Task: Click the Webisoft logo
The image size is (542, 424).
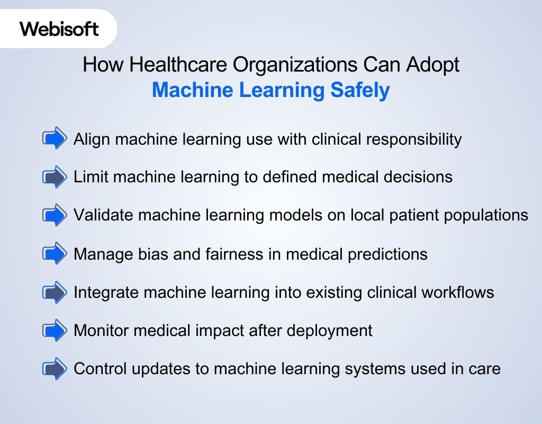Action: click(x=59, y=28)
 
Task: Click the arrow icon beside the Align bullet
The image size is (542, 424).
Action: click(x=55, y=139)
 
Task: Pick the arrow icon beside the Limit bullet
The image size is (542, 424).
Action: click(x=55, y=177)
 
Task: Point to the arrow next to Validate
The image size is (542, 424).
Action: click(x=55, y=215)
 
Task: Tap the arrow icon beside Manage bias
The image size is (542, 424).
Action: click(x=55, y=254)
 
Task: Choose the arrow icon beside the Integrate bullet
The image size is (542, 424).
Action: click(x=55, y=292)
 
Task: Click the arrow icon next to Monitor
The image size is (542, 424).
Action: click(x=55, y=330)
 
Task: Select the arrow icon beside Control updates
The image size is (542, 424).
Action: click(x=55, y=368)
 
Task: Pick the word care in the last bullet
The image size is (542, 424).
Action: click(x=482, y=369)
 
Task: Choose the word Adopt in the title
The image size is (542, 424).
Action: click(x=432, y=65)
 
